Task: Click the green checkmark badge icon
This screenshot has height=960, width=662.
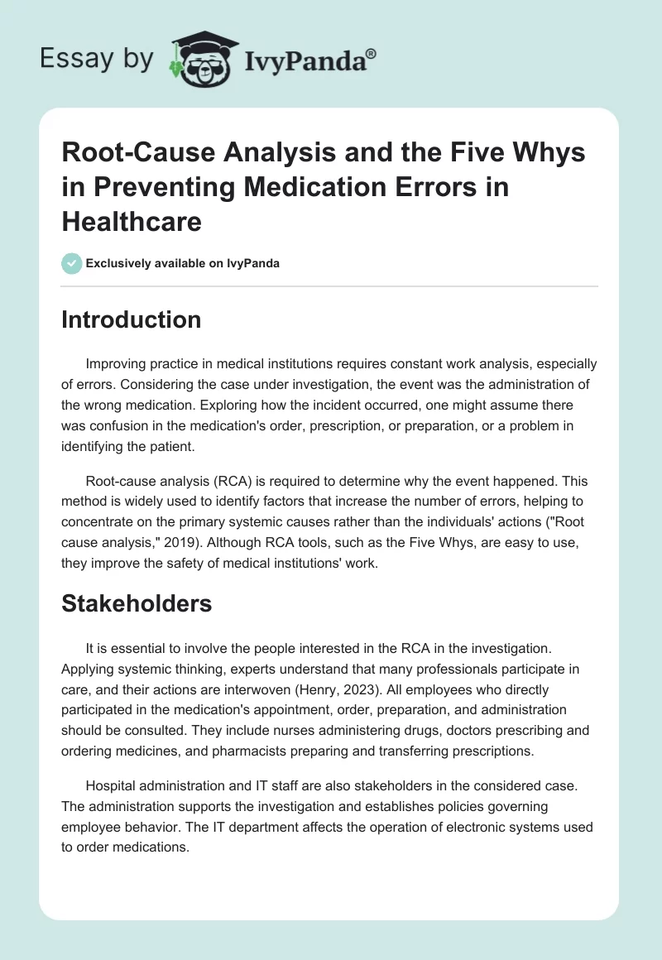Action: click(71, 263)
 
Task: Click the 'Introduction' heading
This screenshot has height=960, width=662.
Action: click(131, 320)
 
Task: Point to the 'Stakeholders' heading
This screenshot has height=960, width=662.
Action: click(137, 603)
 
